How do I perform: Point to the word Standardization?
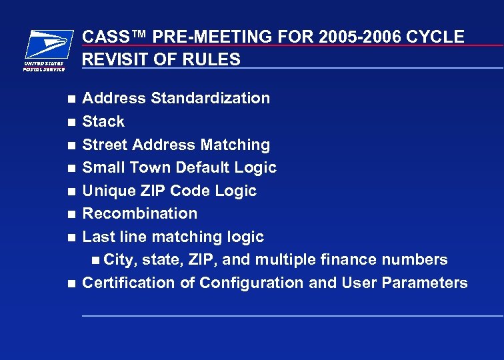(x=211, y=98)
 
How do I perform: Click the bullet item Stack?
(x=103, y=121)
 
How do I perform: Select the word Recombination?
(x=140, y=213)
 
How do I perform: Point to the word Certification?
(x=129, y=283)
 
